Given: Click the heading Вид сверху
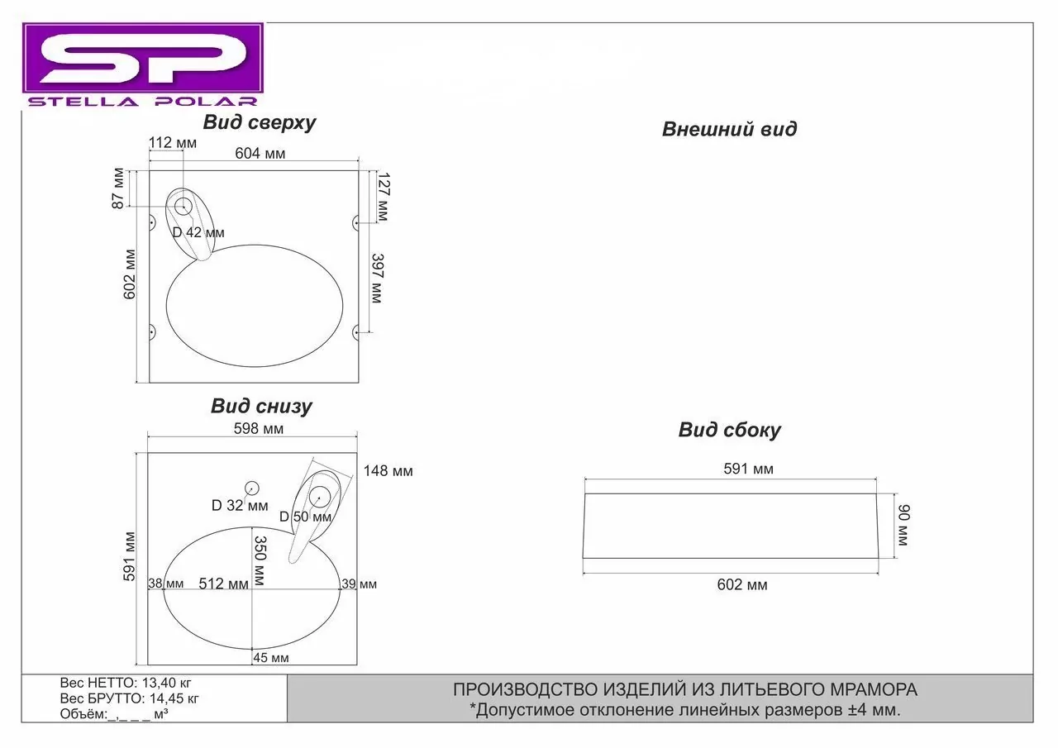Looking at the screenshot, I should click(260, 123).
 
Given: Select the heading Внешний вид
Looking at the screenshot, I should click(729, 129).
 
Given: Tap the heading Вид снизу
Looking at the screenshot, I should click(261, 406).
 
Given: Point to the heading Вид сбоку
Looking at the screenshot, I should click(729, 430).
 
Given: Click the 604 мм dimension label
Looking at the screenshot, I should click(260, 153).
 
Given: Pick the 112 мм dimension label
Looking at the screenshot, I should click(172, 143).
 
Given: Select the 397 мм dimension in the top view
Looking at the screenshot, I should click(377, 278).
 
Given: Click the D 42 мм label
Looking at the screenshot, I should click(198, 232).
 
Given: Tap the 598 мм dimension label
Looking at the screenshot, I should click(259, 428).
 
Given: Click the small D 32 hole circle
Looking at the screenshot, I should click(252, 488).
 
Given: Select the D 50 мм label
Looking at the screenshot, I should click(305, 517).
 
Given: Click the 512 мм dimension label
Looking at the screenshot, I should click(223, 584).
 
